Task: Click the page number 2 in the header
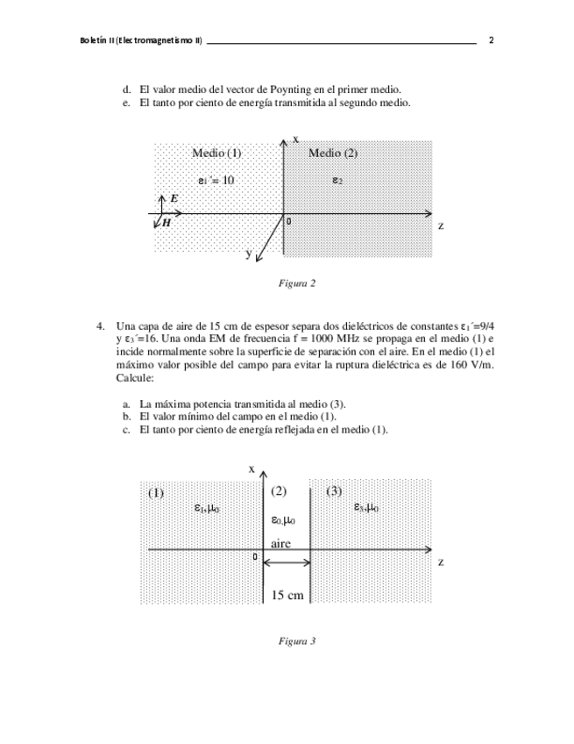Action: coord(492,40)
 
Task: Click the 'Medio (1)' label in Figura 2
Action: coord(216,153)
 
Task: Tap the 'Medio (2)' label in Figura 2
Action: coord(333,153)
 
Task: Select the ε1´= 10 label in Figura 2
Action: coord(216,180)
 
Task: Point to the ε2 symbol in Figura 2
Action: coord(337,180)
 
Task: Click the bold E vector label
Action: coord(174,199)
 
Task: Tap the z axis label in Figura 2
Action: coord(441,225)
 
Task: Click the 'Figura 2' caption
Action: coord(296,283)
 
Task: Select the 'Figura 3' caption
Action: coord(296,641)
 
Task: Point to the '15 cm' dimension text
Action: coord(287,596)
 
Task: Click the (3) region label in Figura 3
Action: coord(334,491)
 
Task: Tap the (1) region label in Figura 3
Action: coord(155,492)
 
